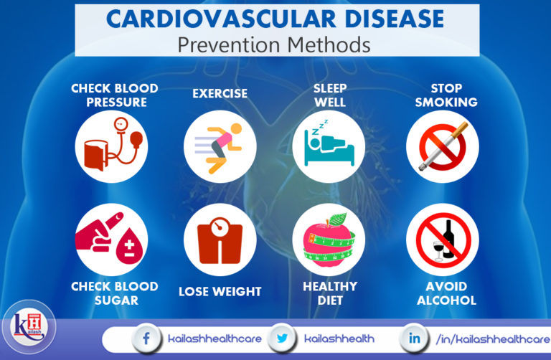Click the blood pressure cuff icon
click(111, 148)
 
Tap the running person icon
click(220, 147)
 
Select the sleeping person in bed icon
click(329, 147)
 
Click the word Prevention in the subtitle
click(224, 44)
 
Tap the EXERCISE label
click(220, 93)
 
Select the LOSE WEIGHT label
click(220, 292)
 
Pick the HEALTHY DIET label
click(329, 293)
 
